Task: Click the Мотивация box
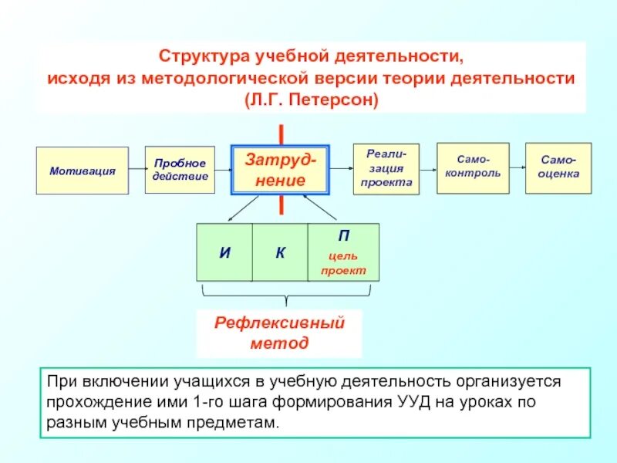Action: [x=83, y=171]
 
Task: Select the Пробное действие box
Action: [x=180, y=171]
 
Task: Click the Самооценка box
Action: [x=558, y=167]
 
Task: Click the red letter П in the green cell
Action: [x=343, y=236]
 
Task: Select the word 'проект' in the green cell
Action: [x=343, y=271]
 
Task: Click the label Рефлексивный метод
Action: [x=279, y=333]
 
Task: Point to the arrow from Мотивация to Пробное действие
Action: [x=137, y=171]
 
